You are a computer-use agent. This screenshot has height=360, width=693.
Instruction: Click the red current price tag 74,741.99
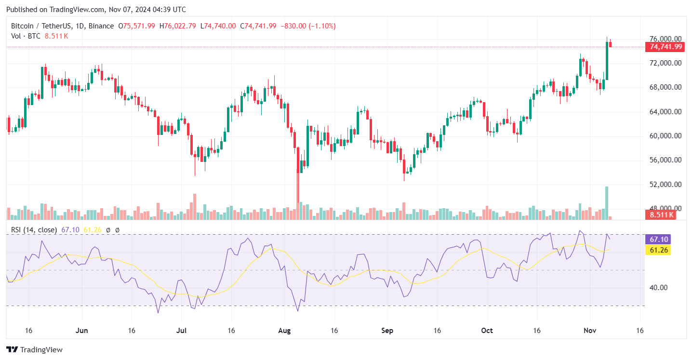point(665,47)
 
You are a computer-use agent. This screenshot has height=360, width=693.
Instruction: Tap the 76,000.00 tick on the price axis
point(665,39)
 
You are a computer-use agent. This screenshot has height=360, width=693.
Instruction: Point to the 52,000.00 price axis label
point(665,185)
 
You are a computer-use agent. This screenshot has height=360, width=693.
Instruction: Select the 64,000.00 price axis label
point(665,112)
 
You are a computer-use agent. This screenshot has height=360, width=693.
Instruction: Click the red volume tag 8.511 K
point(661,215)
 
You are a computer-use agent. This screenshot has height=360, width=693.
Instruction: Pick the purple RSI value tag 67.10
point(659,240)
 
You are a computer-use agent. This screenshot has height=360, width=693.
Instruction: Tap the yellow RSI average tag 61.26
point(659,250)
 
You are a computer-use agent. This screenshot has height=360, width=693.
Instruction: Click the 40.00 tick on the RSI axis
point(656,288)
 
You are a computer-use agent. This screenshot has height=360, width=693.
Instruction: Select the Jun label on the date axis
point(82,331)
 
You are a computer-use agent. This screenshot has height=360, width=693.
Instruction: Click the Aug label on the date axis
point(284,331)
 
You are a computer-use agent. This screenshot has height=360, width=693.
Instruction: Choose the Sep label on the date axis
point(387,331)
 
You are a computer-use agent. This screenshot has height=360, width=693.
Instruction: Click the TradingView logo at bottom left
point(34,349)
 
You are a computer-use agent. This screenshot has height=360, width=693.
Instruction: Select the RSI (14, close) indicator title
point(34,230)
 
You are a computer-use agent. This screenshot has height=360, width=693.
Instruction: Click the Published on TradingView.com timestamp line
point(96,10)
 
